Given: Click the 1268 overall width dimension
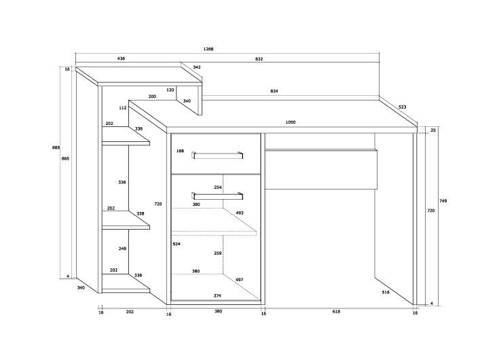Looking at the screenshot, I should point(208,50).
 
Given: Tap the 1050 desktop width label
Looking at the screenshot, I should point(291,122).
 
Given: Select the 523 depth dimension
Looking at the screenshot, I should point(402,107).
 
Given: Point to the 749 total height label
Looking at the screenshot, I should point(443,201).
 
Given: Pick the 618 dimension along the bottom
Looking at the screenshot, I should point(336,312).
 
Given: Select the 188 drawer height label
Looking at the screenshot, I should point(180,151).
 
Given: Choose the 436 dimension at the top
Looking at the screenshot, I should point(121,59).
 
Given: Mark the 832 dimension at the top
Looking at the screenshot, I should point(259,59).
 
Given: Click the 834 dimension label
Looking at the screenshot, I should point(274,91).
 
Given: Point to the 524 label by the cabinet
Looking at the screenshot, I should point(177,243).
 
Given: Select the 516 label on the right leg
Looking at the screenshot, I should point(386,291).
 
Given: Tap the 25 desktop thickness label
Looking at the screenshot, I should point(432,129).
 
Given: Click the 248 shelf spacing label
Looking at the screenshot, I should point(122,249).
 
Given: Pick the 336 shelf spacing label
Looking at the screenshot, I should point(122,182).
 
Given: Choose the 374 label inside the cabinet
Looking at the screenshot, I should point(217,295).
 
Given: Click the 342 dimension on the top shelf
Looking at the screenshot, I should point(196,67).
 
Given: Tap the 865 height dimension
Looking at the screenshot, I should point(65,158).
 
